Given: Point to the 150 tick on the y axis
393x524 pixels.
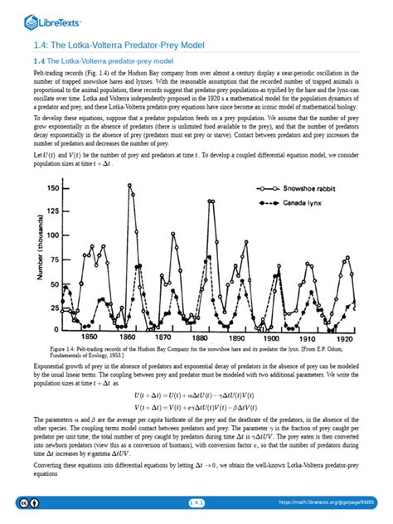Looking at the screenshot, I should tap(53, 188).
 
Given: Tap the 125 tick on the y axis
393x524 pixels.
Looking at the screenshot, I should tap(53, 212).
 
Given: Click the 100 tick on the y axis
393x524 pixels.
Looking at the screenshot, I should tap(53, 235).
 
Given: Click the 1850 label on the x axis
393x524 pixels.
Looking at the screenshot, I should tap(89, 337).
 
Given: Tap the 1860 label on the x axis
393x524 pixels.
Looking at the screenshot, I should tap(129, 337).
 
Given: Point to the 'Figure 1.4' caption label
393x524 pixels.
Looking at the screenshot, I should tap(67, 349).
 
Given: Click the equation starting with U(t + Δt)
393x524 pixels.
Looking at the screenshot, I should tap(196, 396).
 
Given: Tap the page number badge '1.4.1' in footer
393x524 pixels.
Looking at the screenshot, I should tap(196, 502).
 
